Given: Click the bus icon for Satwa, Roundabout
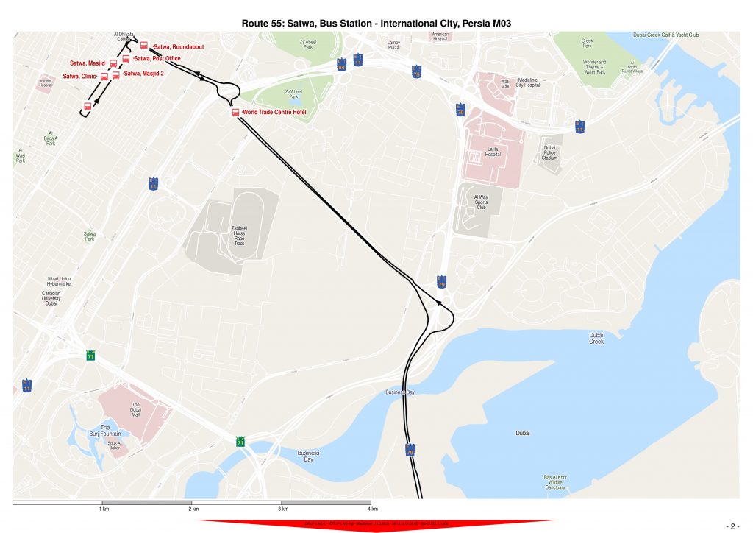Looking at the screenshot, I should tap(144, 46).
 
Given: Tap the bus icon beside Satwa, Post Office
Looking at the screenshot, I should tap(126, 58).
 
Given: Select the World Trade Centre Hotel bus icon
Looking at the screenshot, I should tap(236, 112).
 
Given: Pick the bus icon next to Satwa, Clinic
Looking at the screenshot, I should tap(104, 76).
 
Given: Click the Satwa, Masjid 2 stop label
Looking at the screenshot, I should tap(143, 74).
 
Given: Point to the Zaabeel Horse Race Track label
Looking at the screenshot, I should tap(239, 236).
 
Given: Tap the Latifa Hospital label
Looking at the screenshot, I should tap(493, 152).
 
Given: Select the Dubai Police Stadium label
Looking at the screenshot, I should tap(550, 152).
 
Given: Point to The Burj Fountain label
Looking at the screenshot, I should tap(105, 431).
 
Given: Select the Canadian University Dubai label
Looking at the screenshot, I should tap(51, 297).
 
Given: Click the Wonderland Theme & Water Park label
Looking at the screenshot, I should tap(594, 67).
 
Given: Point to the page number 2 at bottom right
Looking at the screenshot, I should tap(732, 526).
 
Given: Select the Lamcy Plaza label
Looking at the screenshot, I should tap(393, 45).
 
